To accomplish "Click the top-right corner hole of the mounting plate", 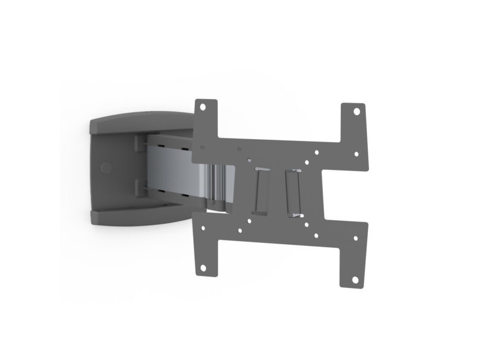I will click(x=355, y=111).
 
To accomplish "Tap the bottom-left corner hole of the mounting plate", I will click(x=203, y=266).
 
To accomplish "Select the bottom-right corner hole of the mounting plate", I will click(x=355, y=279).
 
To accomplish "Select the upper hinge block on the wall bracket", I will click(x=139, y=143).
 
